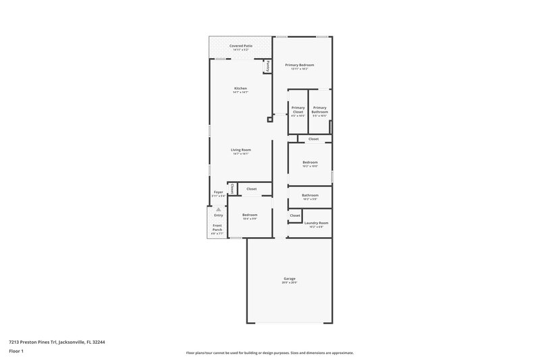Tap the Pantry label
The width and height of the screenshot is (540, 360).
coord(268,66)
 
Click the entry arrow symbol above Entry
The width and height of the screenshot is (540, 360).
coord(218,209)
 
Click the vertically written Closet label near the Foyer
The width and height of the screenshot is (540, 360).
coord(232,188)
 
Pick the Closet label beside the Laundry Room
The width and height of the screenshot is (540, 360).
coord(295,215)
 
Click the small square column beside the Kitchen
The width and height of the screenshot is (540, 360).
coord(270,120)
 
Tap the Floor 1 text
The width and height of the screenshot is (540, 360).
coord(16,351)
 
